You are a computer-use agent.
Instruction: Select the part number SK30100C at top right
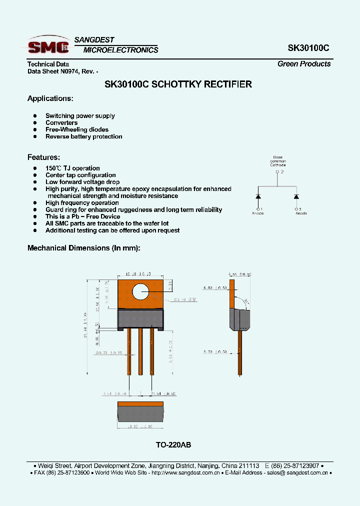[x=308, y=48]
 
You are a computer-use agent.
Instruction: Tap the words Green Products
[x=304, y=64]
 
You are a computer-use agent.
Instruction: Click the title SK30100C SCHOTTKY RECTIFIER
[x=178, y=84]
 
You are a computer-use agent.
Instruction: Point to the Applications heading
[x=50, y=98]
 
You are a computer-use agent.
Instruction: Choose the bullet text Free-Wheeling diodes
[x=76, y=129]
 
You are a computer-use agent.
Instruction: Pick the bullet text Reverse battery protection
[x=83, y=136]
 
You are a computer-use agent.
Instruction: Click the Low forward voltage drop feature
[x=82, y=182]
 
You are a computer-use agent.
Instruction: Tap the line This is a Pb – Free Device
[x=82, y=216]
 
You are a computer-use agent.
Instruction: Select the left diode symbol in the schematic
[x=258, y=195]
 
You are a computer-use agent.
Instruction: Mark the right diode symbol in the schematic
[x=296, y=195]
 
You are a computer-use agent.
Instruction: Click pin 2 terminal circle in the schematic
[x=277, y=172]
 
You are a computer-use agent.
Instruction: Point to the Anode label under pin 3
[x=301, y=213]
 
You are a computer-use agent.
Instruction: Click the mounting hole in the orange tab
[x=141, y=293]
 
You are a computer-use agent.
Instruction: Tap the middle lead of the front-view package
[x=140, y=350]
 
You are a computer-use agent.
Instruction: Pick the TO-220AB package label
[x=173, y=445]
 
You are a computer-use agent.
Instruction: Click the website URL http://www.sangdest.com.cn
[x=184, y=472]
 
